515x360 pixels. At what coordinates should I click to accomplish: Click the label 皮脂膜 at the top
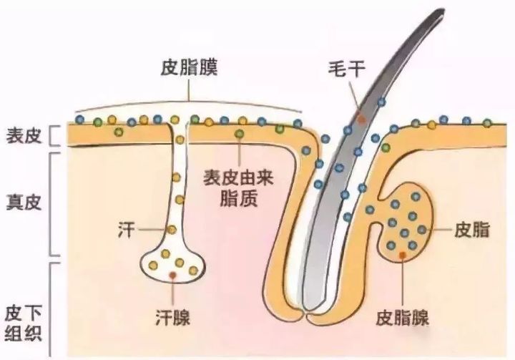[x=189, y=68]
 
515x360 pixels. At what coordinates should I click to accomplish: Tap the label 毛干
[x=347, y=69]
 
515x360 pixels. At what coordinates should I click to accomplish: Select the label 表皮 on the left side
[x=24, y=135]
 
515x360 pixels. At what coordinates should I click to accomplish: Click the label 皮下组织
[x=24, y=324]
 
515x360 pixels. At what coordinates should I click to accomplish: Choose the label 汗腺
[x=172, y=318]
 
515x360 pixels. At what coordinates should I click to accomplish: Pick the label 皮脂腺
[x=402, y=318]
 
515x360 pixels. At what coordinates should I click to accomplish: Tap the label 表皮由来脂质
[x=238, y=188]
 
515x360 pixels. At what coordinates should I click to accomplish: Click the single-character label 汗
[x=127, y=230]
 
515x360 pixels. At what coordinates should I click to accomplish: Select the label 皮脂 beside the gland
[x=472, y=230]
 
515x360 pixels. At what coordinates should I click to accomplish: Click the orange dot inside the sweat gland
[x=172, y=275]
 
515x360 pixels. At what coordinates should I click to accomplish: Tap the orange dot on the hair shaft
[x=362, y=120]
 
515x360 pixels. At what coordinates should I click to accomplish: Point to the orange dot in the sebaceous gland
[x=402, y=255]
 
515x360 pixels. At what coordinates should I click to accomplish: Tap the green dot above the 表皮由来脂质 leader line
[x=240, y=134]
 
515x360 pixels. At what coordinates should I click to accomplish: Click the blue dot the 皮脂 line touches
[x=422, y=230]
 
